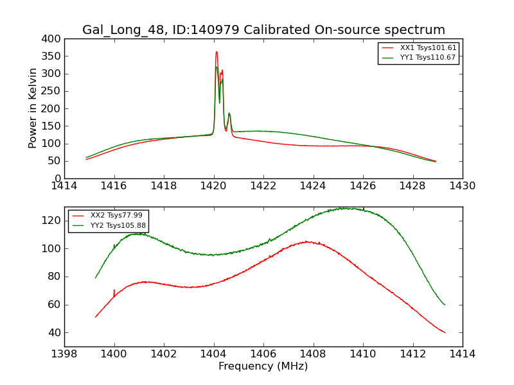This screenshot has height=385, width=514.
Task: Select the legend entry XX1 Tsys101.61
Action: (427, 48)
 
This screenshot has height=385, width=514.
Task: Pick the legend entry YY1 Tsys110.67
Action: (427, 58)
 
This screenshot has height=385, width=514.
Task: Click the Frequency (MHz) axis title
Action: (263, 366)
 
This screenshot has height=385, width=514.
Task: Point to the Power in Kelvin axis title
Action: (33, 108)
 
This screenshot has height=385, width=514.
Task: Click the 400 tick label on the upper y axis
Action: (53, 39)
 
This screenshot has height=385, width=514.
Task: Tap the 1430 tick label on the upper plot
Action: (462, 186)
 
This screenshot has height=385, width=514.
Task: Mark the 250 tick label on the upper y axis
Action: (53, 91)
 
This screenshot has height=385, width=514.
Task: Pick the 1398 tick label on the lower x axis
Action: (65, 354)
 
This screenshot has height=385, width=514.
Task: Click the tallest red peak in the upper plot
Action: (217, 52)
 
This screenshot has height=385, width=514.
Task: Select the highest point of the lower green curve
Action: (346, 208)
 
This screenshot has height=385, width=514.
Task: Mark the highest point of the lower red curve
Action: (307, 241)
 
